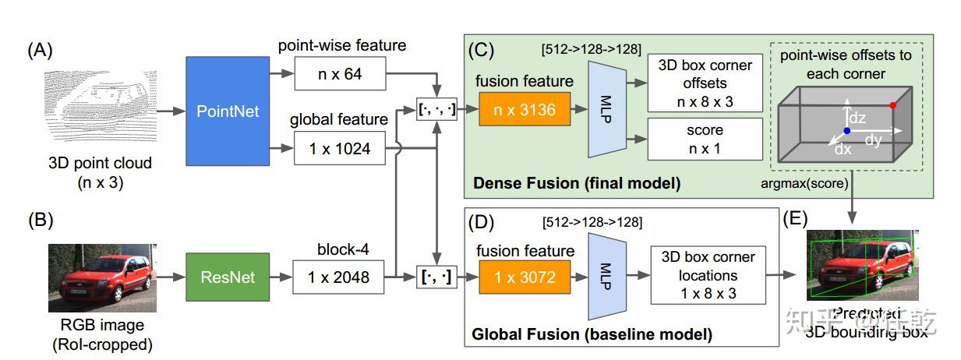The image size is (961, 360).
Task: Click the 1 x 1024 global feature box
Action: coord(339,148)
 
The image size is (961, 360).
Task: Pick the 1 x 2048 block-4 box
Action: coord(339,277)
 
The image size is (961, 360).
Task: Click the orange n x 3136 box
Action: coord(525,110)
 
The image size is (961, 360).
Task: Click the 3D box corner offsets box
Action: coord(704,83)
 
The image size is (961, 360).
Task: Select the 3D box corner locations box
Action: coord(708,275)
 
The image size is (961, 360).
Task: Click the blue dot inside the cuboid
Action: coord(847,131)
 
